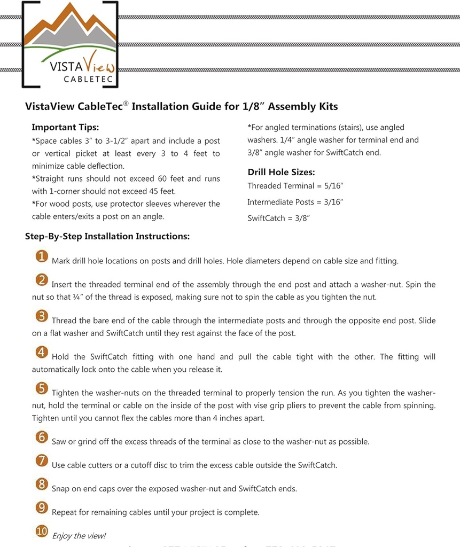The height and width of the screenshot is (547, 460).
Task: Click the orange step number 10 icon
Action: click(42, 532)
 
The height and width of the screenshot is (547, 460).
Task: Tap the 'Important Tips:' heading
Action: click(65, 127)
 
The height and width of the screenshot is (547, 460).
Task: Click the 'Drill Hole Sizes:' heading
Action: click(281, 172)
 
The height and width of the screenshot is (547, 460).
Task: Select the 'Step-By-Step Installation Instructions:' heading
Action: click(107, 236)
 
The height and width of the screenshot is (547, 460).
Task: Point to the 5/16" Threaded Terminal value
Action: click(331, 186)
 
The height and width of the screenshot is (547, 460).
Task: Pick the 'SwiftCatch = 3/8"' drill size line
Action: click(279, 218)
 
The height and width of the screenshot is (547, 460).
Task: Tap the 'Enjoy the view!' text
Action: click(79, 536)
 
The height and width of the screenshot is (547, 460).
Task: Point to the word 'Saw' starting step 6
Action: click(59, 442)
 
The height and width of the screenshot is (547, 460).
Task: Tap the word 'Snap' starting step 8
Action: click(61, 489)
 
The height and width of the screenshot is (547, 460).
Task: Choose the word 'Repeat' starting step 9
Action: click(65, 512)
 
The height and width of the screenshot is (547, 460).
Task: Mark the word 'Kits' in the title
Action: click(328, 106)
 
